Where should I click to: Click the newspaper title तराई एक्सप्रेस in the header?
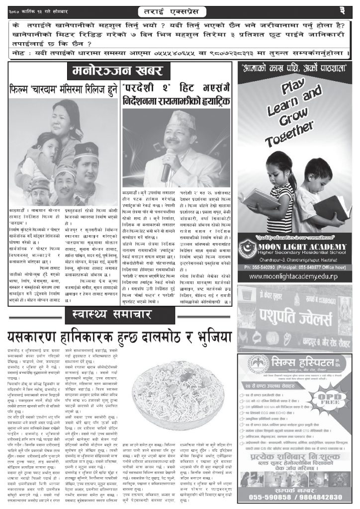pyautogui.click(x=180, y=10)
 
